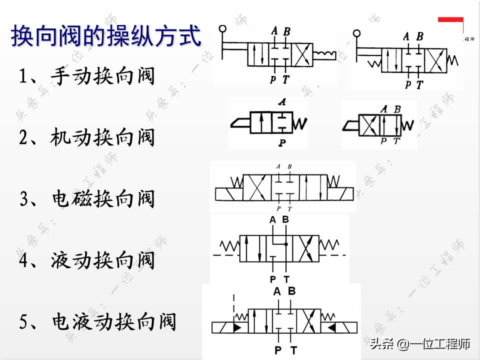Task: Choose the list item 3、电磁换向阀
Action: click(x=86, y=199)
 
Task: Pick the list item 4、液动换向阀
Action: click(x=86, y=260)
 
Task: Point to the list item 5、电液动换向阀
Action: click(x=98, y=321)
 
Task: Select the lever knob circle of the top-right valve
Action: click(x=356, y=33)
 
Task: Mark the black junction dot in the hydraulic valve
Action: click(x=285, y=244)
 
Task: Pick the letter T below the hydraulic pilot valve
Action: click(x=286, y=278)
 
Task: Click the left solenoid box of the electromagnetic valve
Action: click(x=228, y=192)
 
